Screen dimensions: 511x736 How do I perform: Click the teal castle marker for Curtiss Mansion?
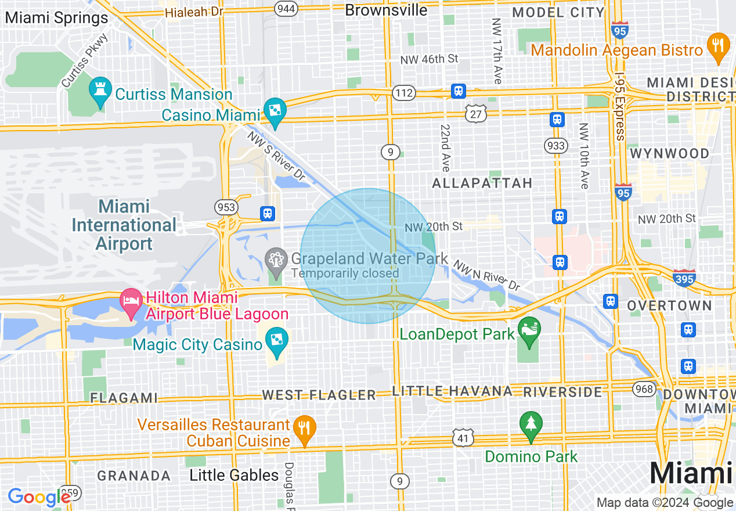(100, 91)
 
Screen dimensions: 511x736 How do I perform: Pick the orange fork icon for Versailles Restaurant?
(303, 428)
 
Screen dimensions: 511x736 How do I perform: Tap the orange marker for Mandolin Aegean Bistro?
(718, 46)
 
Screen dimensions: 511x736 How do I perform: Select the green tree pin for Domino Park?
(531, 424)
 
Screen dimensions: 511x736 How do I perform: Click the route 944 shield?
(286, 9)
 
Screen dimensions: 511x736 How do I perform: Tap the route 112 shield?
(403, 93)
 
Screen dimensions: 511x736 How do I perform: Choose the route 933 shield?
(556, 146)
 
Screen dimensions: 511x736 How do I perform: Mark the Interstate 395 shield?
(685, 278)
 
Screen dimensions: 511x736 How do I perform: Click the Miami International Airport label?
(124, 225)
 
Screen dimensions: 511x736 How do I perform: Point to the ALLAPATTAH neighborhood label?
(482, 183)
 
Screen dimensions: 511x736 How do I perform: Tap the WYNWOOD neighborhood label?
(669, 154)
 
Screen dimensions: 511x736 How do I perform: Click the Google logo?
(38, 497)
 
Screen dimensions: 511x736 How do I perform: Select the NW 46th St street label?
(429, 59)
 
